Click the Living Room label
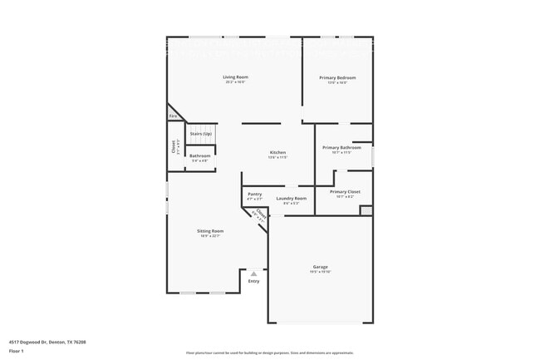pyautogui.click(x=235, y=77)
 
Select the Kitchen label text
pyautogui.click(x=277, y=152)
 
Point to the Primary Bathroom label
pyautogui.click(x=342, y=148)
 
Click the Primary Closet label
pyautogui.click(x=345, y=191)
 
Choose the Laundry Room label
pyautogui.click(x=292, y=198)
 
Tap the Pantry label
pyautogui.click(x=254, y=194)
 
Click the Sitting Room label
pyautogui.click(x=210, y=230)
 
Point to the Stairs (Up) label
pyautogui.click(x=201, y=133)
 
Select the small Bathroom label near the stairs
pyautogui.click(x=200, y=155)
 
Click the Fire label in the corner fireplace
pyautogui.click(x=174, y=116)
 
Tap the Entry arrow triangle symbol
pyautogui.click(x=254, y=273)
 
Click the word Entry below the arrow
pyautogui.click(x=254, y=281)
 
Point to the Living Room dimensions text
pyautogui.click(x=235, y=82)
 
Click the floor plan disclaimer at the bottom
pyautogui.click(x=269, y=353)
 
